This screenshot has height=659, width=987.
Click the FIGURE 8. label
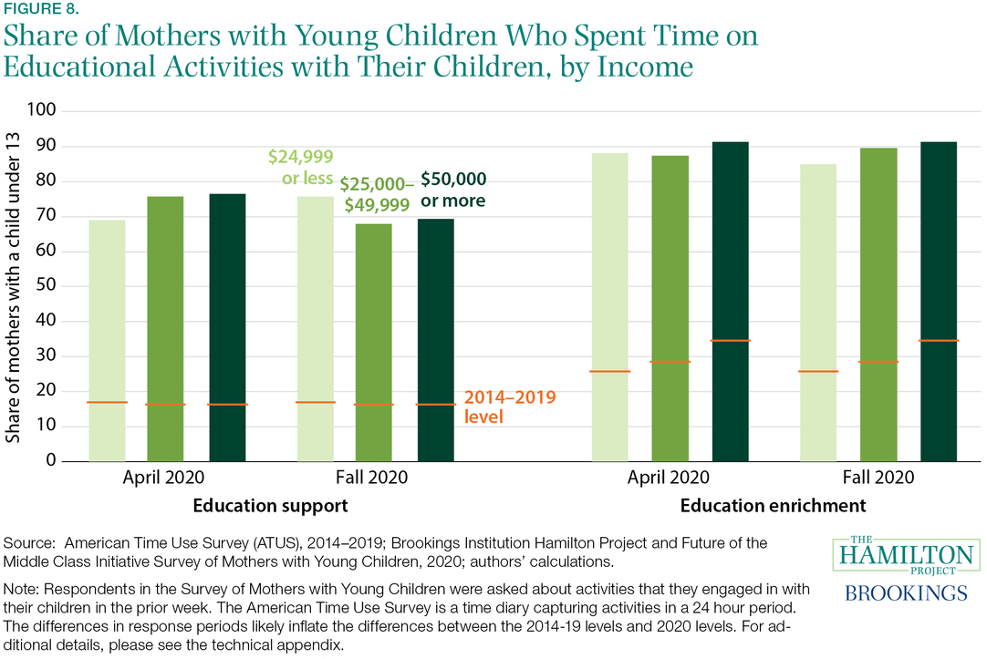click(40, 10)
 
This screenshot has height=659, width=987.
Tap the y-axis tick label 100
click(44, 111)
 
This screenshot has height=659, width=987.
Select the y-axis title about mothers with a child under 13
click(13, 287)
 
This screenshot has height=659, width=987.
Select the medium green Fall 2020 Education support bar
click(373, 342)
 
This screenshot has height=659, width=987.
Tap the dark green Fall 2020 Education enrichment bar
click(939, 301)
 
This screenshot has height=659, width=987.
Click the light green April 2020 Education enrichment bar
click(609, 306)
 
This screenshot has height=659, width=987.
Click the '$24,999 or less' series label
click(300, 167)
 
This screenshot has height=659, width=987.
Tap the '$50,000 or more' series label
click(453, 189)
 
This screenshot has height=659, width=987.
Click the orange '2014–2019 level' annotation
click(496, 407)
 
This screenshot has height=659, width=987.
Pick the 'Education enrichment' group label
click(773, 504)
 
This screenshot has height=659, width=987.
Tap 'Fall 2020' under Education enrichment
click(878, 477)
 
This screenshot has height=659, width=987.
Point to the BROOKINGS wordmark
click(906, 592)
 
